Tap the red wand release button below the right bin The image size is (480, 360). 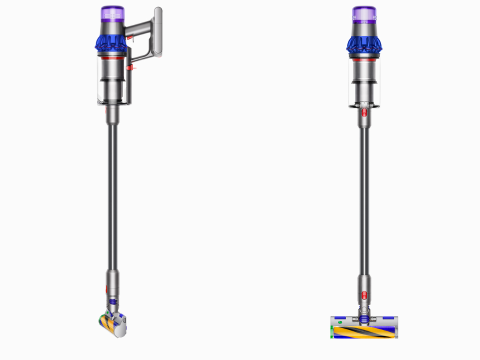[x=364, y=112]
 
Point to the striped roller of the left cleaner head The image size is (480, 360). [x=106, y=322]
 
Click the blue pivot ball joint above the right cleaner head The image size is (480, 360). [x=364, y=317]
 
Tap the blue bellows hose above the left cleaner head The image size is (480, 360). [x=113, y=302]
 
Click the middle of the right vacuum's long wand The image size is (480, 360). [x=364, y=200]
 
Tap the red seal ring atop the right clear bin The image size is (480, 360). [x=364, y=58]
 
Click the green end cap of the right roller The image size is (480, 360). [x=331, y=331]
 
